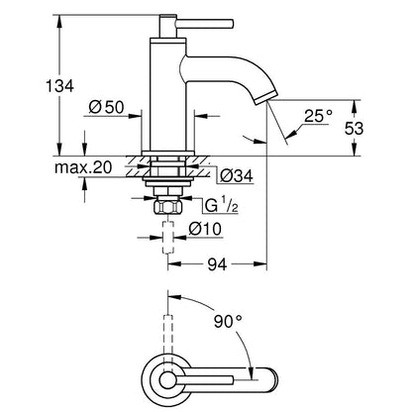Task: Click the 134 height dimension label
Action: tap(59, 86)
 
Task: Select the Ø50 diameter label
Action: tap(106, 107)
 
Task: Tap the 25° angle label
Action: tap(318, 116)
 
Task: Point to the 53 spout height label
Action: tap(354, 128)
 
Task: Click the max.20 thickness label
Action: tap(83, 167)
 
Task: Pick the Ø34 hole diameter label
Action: tap(237, 176)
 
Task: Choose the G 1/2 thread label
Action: tap(222, 206)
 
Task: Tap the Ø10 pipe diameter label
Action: tap(205, 229)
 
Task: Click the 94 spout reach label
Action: tap(217, 264)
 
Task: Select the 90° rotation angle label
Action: tap(228, 321)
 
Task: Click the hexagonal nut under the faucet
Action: tap(168, 208)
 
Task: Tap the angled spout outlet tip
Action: tap(265, 97)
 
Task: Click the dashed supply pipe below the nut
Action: tap(168, 238)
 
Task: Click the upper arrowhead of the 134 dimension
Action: tap(59, 22)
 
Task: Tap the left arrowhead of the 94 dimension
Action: tap(175, 264)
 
